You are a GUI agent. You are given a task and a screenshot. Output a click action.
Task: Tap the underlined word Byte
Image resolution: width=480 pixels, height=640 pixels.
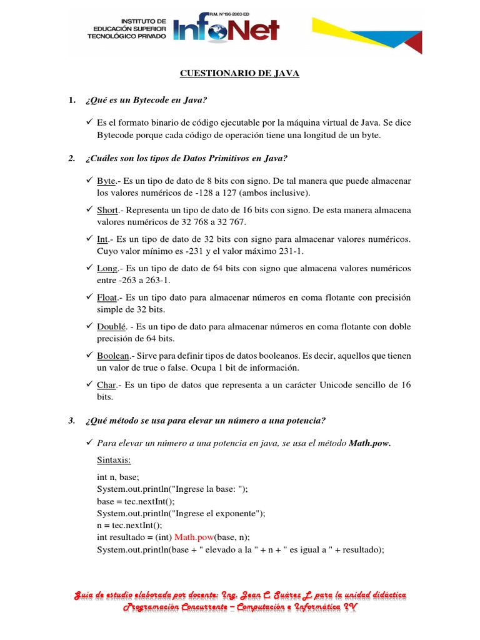pyautogui.click(x=106, y=181)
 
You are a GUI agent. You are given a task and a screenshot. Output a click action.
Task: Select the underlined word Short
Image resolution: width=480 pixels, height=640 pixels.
pyautogui.click(x=107, y=210)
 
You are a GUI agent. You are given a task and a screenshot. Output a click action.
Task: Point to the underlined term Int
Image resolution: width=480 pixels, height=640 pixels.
pyautogui.click(x=102, y=239)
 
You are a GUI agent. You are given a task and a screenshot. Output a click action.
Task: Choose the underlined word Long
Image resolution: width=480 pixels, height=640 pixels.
pyautogui.click(x=107, y=268)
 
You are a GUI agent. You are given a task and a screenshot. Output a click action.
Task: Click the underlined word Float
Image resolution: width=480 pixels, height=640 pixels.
pyautogui.click(x=107, y=297)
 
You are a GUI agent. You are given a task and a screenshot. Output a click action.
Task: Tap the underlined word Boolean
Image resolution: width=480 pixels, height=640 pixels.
pyautogui.click(x=113, y=356)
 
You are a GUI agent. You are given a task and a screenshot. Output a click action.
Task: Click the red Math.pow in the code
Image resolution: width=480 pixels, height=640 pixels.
pyautogui.click(x=194, y=537)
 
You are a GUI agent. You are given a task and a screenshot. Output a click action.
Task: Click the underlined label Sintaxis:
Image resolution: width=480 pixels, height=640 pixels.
pyautogui.click(x=114, y=460)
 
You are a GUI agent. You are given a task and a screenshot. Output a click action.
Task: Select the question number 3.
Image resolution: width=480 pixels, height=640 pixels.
pyautogui.click(x=71, y=420)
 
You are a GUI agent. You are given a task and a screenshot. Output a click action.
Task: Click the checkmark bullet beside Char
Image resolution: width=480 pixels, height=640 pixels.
pyautogui.click(x=89, y=385)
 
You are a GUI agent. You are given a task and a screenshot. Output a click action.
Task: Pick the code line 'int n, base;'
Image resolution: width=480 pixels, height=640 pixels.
pyautogui.click(x=118, y=477)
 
